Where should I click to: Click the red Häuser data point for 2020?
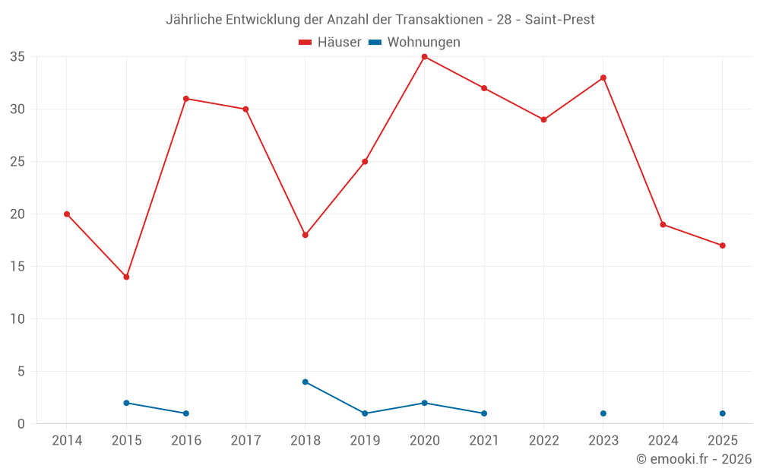tap(425, 57)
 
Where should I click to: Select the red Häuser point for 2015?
tap(126, 277)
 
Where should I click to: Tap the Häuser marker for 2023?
tap(603, 78)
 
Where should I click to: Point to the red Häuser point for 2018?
tap(306, 235)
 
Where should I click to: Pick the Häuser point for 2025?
tap(723, 245)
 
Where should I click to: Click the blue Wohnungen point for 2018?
tap(306, 382)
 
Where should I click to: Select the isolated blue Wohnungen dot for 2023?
tap(603, 413)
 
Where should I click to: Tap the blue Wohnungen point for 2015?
tap(126, 403)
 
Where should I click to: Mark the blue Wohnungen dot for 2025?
tap(723, 413)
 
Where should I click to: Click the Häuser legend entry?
tap(330, 42)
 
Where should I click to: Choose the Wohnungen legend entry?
tap(414, 42)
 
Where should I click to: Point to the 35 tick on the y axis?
tap(17, 57)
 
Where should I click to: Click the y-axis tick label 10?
tap(17, 319)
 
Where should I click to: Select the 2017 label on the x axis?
tap(245, 440)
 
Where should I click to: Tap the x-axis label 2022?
tap(544, 440)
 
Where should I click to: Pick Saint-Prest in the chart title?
tap(560, 20)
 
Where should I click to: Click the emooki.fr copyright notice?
tap(694, 458)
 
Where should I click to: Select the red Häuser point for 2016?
tap(186, 99)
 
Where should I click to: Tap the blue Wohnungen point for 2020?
tap(425, 403)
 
